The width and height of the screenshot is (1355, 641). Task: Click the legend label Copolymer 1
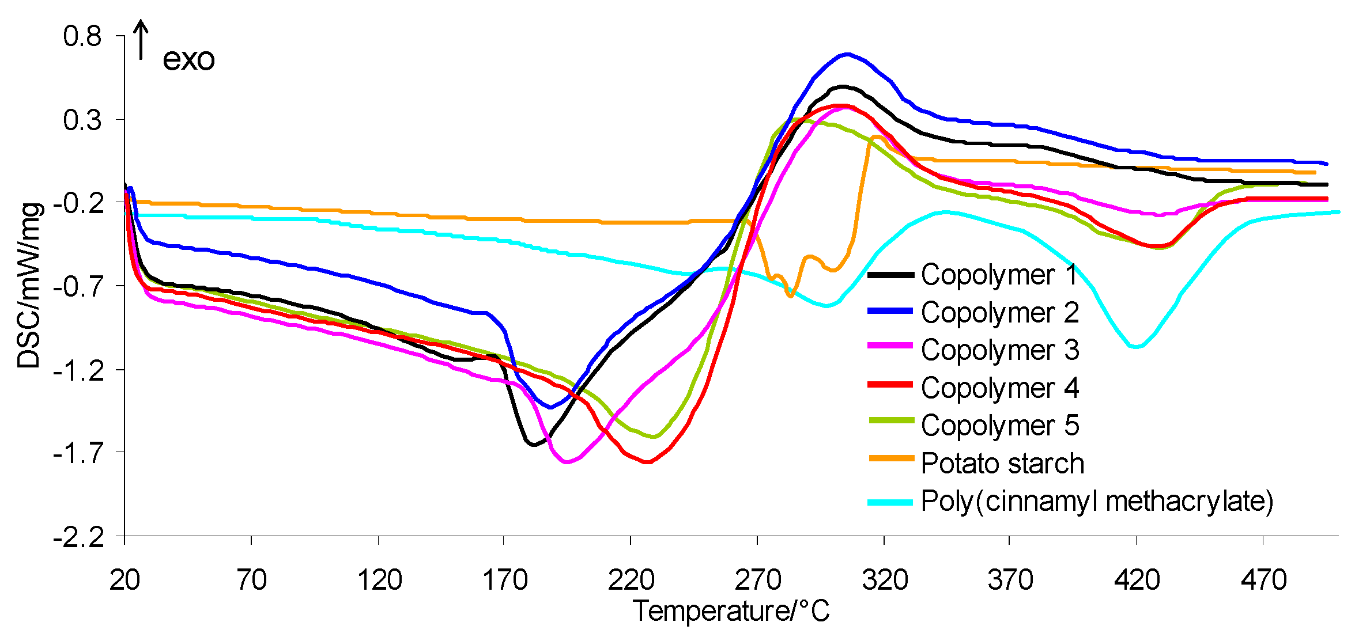tap(999, 275)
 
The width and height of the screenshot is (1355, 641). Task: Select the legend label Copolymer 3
tap(1000, 350)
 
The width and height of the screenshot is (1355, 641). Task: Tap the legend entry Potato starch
tap(1002, 463)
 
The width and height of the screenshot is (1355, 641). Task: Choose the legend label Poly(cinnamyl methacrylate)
tap(1097, 501)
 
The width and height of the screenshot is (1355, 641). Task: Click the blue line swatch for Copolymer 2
tap(890, 311)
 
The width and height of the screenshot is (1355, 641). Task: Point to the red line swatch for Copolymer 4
tap(890, 384)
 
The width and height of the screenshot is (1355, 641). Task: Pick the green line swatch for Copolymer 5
tap(890, 421)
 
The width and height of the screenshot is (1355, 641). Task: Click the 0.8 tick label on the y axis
tap(82, 36)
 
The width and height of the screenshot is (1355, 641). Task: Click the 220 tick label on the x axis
tap(631, 579)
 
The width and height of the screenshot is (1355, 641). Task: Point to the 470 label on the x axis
tap(1263, 579)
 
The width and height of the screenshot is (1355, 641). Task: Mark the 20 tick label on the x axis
tap(124, 579)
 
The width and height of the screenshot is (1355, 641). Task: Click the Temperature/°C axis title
tap(731, 611)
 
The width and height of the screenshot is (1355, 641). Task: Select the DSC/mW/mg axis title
tap(29, 286)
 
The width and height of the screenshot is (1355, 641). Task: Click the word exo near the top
tap(188, 59)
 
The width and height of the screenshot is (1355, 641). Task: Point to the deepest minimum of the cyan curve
tap(1135, 347)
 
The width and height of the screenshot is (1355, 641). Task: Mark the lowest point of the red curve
tap(648, 462)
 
